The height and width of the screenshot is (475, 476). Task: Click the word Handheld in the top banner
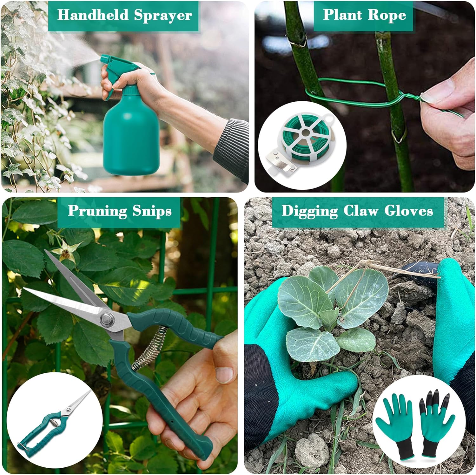[93, 15]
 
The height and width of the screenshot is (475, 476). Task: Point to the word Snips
[152, 211]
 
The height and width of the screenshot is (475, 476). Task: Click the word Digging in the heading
[310, 211]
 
